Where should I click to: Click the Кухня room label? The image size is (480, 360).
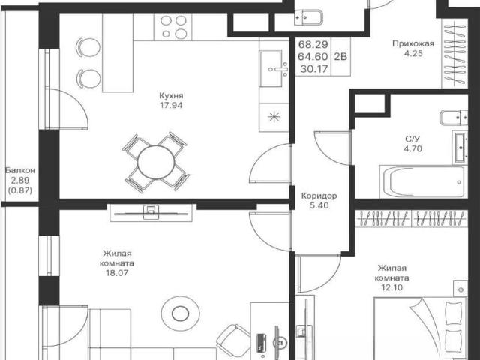(x=171, y=95)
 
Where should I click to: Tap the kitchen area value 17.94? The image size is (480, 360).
(x=171, y=105)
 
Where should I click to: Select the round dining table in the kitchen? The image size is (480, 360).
(x=156, y=162)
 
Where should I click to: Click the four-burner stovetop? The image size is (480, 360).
(x=173, y=27)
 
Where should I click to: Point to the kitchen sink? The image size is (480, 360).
(x=274, y=69)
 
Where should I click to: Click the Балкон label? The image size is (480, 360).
(x=20, y=170)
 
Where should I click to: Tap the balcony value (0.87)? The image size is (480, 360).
(x=20, y=190)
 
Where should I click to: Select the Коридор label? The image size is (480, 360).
(x=319, y=196)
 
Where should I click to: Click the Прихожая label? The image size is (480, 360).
(x=413, y=43)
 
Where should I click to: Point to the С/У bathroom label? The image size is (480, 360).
(x=413, y=139)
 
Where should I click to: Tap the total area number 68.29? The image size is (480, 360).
(x=313, y=44)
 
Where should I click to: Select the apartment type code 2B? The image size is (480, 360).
(x=340, y=57)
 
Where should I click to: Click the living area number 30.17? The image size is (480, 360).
(x=313, y=69)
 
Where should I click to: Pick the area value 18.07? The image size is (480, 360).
(x=117, y=273)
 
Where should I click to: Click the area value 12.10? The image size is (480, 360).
(x=391, y=287)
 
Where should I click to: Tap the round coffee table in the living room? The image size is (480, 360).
(x=181, y=313)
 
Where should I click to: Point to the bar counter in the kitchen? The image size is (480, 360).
(x=118, y=53)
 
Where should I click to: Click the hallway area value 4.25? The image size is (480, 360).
(x=413, y=53)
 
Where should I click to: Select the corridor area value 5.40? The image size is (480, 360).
(x=319, y=205)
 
